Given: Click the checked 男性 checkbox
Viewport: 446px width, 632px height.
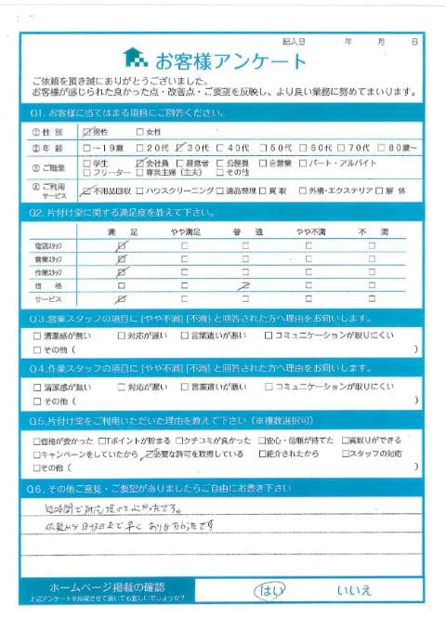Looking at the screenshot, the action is (x=88, y=132).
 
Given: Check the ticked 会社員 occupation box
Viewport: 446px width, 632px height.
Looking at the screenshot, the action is (x=138, y=162).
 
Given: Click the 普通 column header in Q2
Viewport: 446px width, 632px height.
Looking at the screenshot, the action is (x=246, y=229).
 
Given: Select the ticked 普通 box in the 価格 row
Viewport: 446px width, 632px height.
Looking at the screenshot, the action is (x=246, y=287).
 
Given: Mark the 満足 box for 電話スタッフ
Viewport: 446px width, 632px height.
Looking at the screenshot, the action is (x=121, y=244).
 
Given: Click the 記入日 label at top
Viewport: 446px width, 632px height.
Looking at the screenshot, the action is (x=295, y=42).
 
